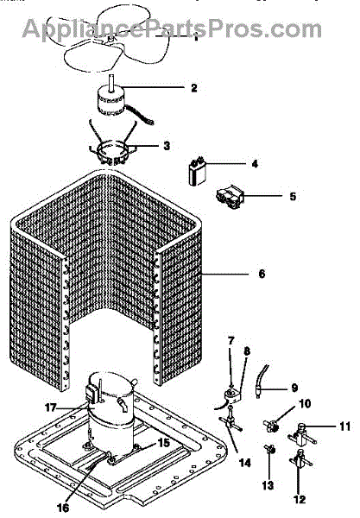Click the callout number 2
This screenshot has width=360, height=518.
[194, 88]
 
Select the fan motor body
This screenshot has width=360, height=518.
[111, 100]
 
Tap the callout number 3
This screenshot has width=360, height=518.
[167, 145]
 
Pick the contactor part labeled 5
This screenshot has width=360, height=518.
[230, 197]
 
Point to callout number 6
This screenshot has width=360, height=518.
[262, 274]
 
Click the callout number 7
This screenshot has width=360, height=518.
[231, 340]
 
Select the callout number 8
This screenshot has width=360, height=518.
[247, 351]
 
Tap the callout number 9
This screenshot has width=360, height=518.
[294, 388]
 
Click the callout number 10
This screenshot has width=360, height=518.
[305, 403]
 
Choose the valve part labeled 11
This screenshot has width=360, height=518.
[302, 433]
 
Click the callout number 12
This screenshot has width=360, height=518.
[300, 499]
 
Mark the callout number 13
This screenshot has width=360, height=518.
[268, 485]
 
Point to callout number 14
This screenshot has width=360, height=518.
[244, 463]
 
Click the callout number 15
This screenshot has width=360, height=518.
[163, 443]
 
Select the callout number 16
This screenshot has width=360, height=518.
[63, 508]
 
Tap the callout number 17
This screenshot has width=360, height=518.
[51, 407]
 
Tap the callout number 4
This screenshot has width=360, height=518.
[255, 163]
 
